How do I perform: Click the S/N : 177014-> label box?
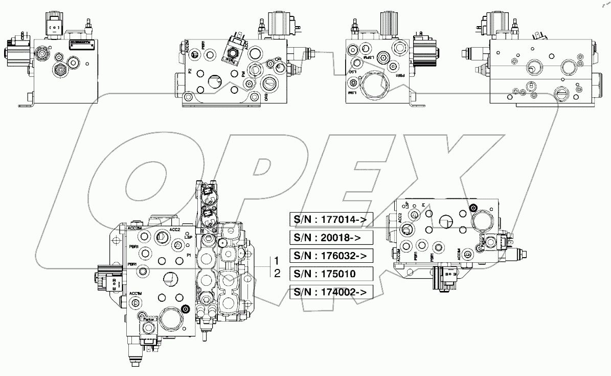click(x=330, y=219)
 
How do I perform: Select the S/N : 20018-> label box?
click(x=330, y=237)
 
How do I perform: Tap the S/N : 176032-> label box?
click(x=330, y=255)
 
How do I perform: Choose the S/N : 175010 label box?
click(x=330, y=273)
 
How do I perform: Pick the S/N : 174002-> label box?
click(x=330, y=292)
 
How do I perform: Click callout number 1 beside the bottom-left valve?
click(x=277, y=260)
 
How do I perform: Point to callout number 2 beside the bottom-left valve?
click(x=277, y=273)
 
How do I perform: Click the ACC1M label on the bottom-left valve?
click(x=135, y=294)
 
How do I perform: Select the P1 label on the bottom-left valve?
click(x=189, y=255)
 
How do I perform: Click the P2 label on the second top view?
click(x=190, y=72)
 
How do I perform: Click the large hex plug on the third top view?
click(x=376, y=84)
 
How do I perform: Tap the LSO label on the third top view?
click(x=352, y=73)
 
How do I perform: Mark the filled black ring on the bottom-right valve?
click(x=473, y=208)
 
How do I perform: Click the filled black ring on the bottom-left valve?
click(x=186, y=309)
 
